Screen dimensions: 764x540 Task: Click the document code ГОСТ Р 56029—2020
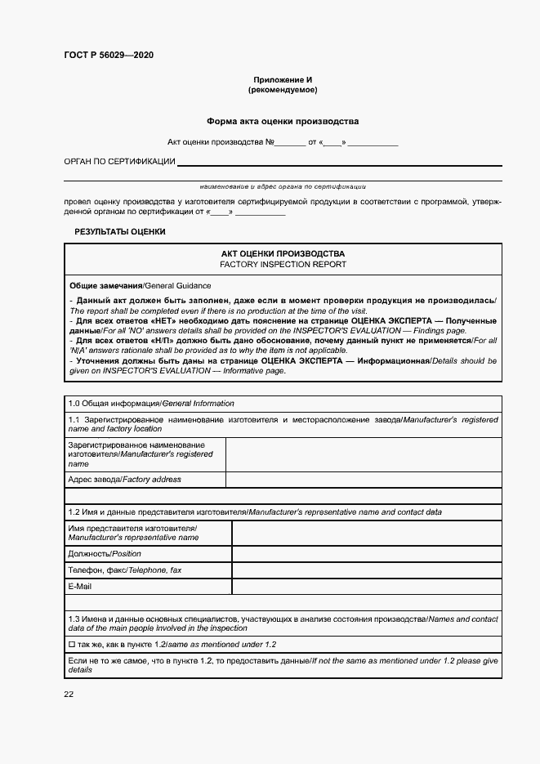[x=108, y=56]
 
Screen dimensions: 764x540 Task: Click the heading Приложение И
[x=283, y=79]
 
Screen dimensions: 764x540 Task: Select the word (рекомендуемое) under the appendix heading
[x=283, y=90]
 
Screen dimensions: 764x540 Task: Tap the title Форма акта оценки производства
[x=283, y=121]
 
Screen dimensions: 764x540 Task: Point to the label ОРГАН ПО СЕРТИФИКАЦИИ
[x=119, y=162]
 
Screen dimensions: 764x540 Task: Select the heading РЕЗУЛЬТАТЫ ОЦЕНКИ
[x=120, y=232]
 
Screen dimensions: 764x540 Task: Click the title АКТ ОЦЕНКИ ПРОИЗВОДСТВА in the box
[x=283, y=254]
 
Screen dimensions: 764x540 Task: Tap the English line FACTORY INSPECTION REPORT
[x=283, y=265]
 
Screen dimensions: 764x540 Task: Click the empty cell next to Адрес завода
[x=364, y=480]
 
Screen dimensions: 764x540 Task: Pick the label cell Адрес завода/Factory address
[x=125, y=480]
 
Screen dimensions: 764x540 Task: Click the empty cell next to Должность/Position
[x=367, y=554]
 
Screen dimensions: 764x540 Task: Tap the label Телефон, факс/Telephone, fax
[x=125, y=570]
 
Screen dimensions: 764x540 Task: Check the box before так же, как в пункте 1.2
[x=72, y=645]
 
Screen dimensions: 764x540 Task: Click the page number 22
[x=69, y=694]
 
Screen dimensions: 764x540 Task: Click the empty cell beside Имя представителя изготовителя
[x=367, y=534]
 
